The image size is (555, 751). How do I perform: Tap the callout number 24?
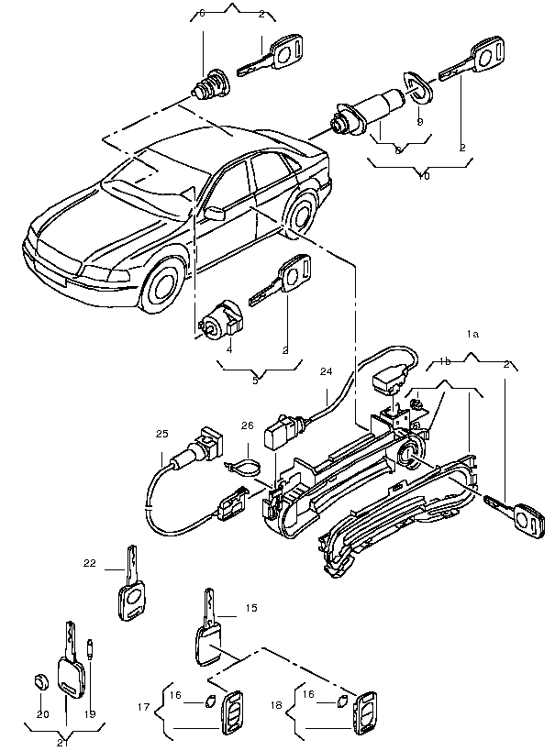[x=326, y=372]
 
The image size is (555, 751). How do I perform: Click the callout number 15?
[x=251, y=608]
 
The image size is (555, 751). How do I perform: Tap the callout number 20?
[x=42, y=714]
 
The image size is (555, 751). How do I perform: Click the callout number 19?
[x=90, y=714]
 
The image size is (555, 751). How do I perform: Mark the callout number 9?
[x=420, y=120]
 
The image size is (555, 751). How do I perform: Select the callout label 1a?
[x=473, y=335]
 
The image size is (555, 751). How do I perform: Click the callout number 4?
[x=230, y=349]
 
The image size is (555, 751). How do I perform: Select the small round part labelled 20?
[x=39, y=681]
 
